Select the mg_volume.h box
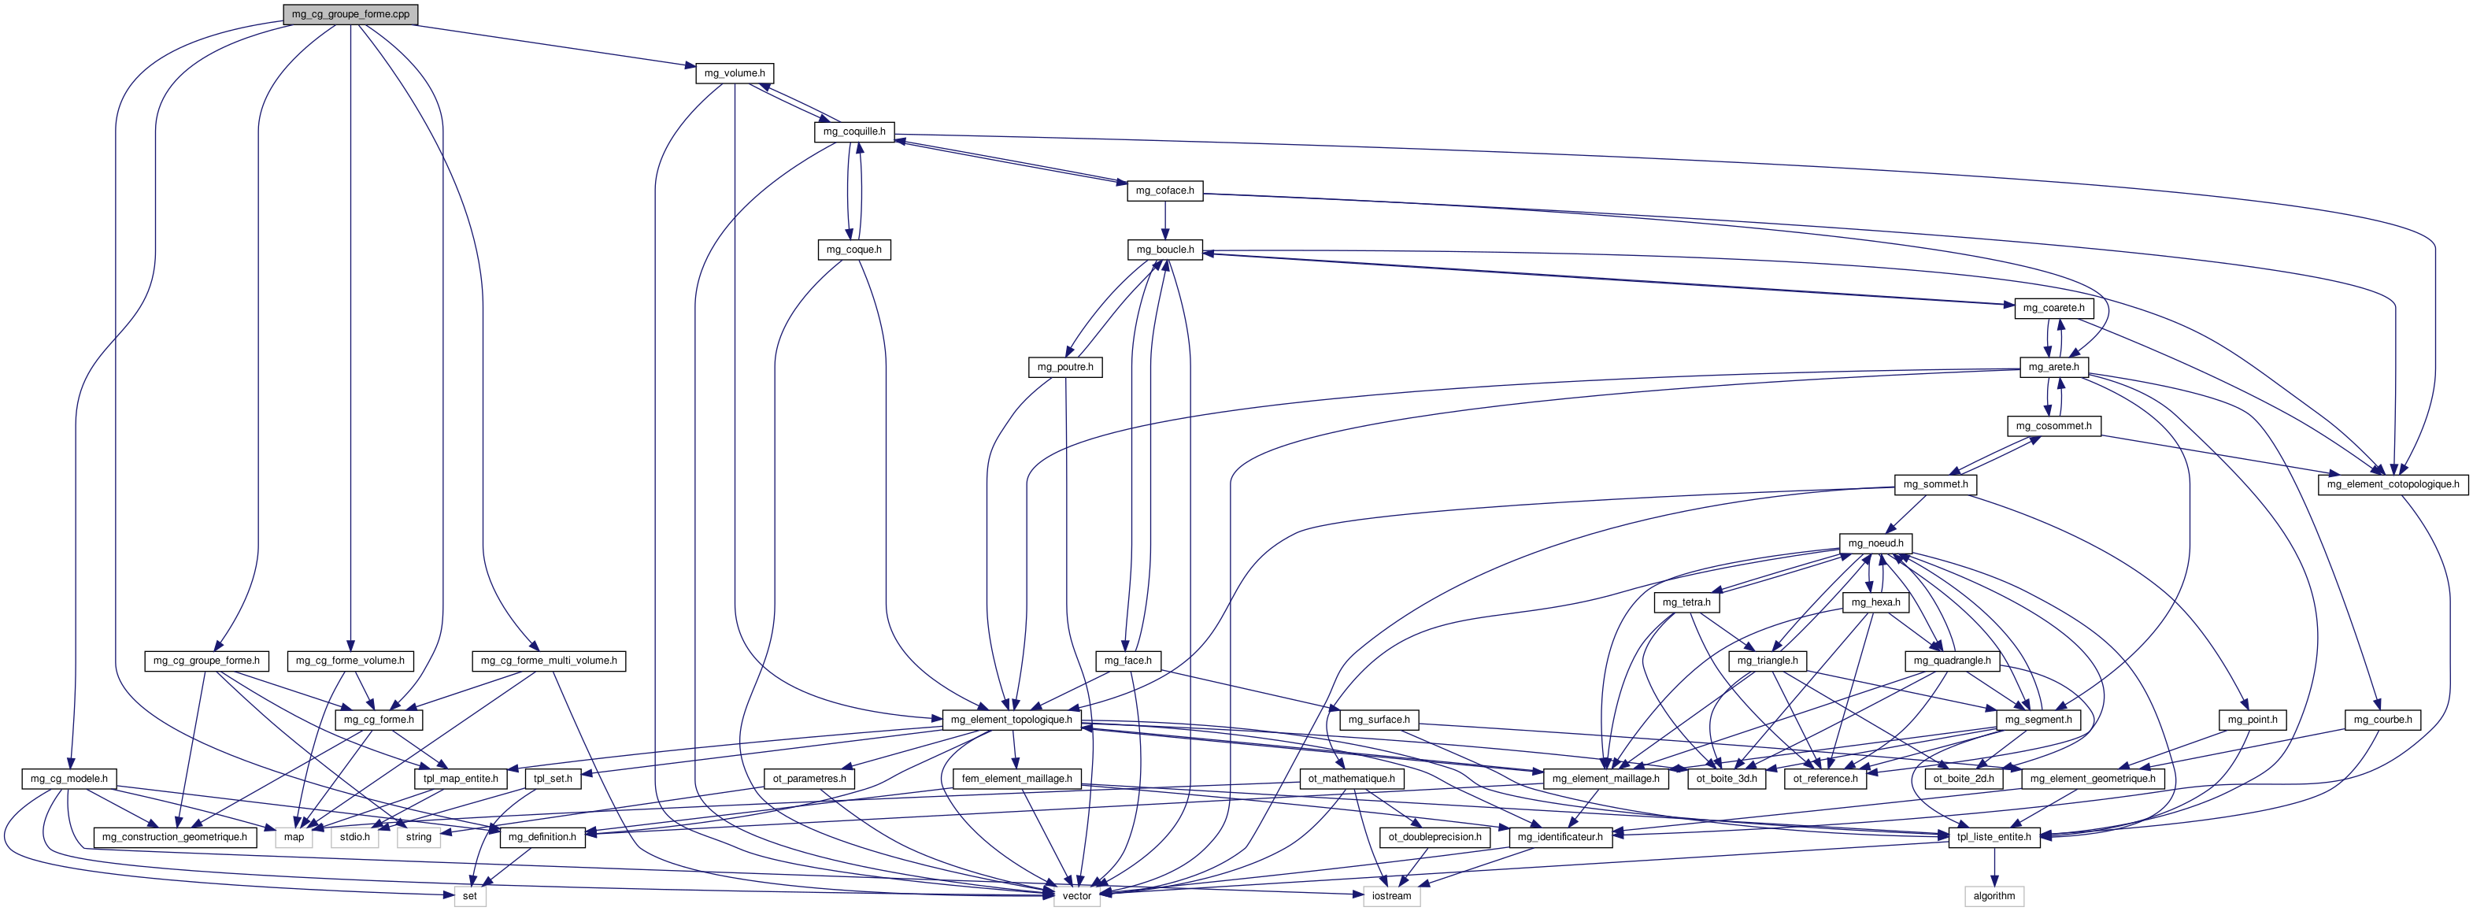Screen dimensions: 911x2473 [x=735, y=73]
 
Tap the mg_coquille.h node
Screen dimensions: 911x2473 [x=854, y=131]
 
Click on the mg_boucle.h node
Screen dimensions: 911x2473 [x=1164, y=250]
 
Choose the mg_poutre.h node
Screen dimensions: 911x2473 [x=1064, y=367]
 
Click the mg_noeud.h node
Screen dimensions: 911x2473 [x=1875, y=543]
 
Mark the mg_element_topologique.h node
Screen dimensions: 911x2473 [x=1011, y=720]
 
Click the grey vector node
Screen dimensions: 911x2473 [x=1076, y=895]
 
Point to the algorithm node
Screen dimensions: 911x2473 [x=1994, y=895]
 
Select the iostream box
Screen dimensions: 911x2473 [x=1391, y=895]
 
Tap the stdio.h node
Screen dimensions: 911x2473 [x=354, y=837]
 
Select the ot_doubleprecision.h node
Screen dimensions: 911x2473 [x=1435, y=837]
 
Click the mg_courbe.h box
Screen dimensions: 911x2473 [x=2382, y=720]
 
